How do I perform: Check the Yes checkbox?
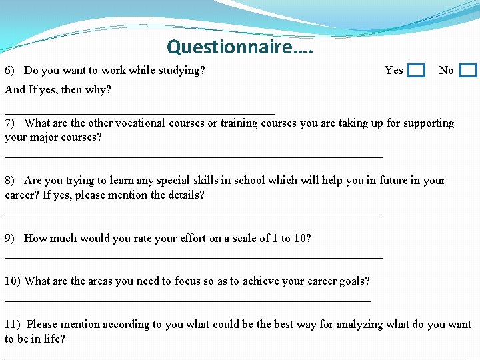point(416,71)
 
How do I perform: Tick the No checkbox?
point(469,71)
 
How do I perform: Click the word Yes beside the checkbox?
point(394,70)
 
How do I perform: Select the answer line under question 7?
point(193,157)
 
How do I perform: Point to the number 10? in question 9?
point(301,238)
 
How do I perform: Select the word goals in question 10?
point(354,281)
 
